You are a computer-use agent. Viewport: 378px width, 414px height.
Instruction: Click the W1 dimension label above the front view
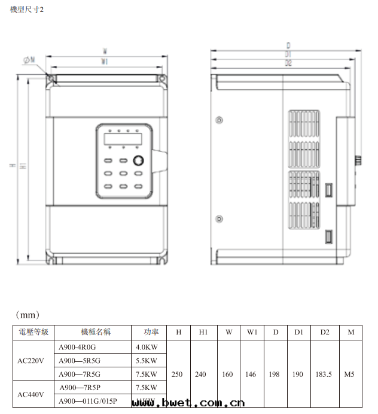(x=105, y=62)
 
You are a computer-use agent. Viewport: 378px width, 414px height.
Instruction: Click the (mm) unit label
(x=27, y=314)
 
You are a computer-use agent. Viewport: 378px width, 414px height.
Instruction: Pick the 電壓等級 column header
(x=33, y=332)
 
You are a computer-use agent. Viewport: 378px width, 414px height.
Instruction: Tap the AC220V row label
(x=33, y=361)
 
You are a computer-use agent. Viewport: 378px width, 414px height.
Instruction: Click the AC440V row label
(x=33, y=395)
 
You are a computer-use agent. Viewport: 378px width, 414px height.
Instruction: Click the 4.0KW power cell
(x=147, y=347)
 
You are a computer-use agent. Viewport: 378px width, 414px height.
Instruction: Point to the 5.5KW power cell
(x=147, y=361)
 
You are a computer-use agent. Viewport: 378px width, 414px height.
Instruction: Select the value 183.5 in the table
(x=324, y=375)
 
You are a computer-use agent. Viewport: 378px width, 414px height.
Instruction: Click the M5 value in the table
(x=350, y=375)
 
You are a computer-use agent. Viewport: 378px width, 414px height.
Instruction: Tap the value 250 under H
(x=177, y=375)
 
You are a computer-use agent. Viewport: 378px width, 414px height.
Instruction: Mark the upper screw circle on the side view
(x=220, y=119)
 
